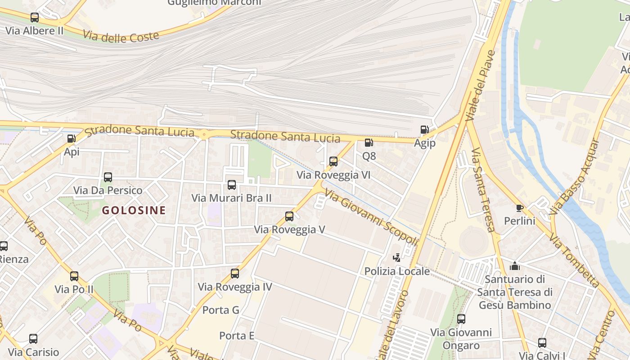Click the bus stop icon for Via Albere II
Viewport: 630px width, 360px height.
point(35,18)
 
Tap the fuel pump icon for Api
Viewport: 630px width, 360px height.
point(71,139)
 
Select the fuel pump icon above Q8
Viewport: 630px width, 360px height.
point(369,143)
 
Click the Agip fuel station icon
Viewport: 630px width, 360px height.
point(424,130)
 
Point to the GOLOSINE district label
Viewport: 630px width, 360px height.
point(134,210)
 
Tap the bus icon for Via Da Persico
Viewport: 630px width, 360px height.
point(108,177)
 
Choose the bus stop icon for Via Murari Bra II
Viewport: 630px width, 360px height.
point(232,184)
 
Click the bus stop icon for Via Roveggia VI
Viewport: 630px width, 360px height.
point(333,161)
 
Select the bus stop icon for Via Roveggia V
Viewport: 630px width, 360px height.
point(289,216)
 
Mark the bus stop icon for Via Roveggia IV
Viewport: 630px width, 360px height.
point(235,273)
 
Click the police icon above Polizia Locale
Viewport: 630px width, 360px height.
point(396,258)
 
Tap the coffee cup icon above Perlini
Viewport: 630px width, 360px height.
point(519,207)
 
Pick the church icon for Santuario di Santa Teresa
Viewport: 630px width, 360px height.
point(515,266)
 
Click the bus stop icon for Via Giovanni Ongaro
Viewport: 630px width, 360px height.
point(461,319)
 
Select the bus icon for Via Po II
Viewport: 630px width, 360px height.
point(74,276)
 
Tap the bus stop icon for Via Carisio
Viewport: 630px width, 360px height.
point(33,339)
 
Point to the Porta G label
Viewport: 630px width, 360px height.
point(220,310)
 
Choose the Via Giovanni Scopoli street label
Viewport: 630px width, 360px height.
point(371,218)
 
